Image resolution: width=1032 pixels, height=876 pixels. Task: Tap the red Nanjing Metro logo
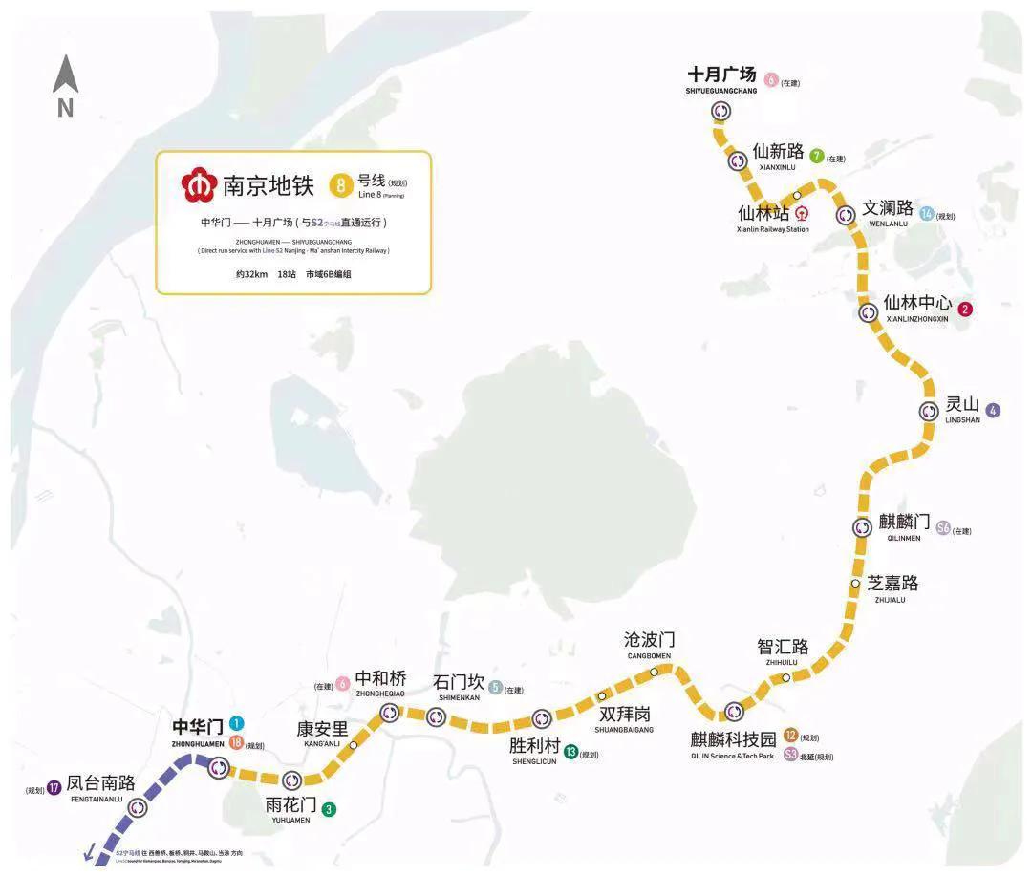coord(200,184)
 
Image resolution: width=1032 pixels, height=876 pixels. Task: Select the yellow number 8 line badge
coord(340,183)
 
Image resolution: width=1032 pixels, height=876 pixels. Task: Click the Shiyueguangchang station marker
coord(720,111)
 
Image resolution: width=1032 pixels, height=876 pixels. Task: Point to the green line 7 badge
coord(816,156)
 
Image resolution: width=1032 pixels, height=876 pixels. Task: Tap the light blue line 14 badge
coord(926,214)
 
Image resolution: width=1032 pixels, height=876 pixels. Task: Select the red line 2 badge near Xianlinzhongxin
coord(966,309)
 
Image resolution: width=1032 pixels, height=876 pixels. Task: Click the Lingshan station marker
coord(929,411)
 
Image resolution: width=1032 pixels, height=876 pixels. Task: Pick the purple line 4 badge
coord(994,411)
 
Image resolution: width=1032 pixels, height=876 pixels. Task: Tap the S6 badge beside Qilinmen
coord(943,527)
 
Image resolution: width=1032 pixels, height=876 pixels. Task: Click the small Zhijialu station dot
coord(856,583)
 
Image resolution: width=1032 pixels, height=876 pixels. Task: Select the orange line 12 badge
coord(790,736)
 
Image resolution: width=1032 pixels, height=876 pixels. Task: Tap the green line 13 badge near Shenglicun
coord(570,752)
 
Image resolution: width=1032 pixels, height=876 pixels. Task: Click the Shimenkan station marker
coord(436,716)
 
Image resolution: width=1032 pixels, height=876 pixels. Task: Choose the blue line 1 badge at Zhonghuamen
coord(236,724)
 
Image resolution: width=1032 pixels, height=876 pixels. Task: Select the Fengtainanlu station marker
coord(140,807)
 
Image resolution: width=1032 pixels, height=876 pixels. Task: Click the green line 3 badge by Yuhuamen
coord(329,809)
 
